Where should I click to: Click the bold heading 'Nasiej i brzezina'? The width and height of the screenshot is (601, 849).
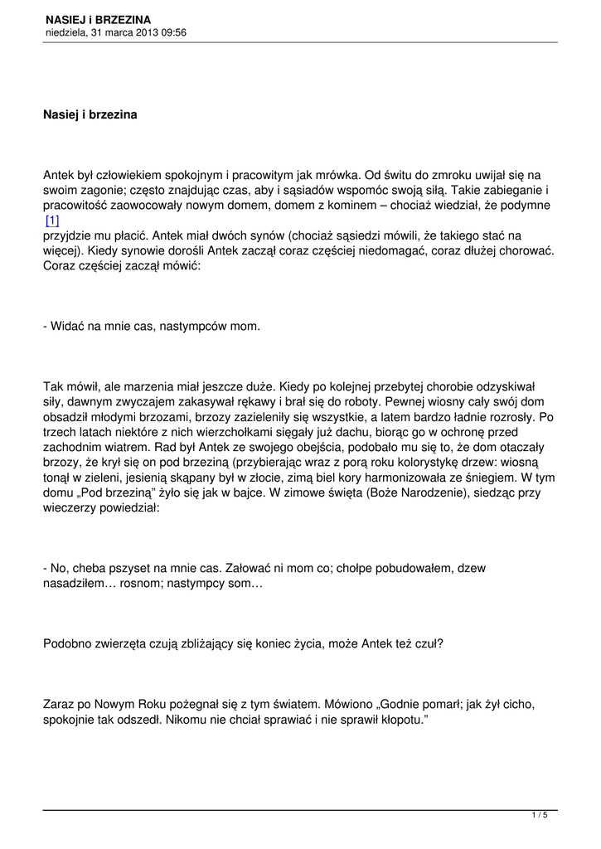pyautogui.click(x=90, y=114)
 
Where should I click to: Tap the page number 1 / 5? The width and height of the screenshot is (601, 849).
pyautogui.click(x=540, y=816)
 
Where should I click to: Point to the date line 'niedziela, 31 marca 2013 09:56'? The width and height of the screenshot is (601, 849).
pyautogui.click(x=115, y=32)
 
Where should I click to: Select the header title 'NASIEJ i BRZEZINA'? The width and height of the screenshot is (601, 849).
pyautogui.click(x=99, y=19)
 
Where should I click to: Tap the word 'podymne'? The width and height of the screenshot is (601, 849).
pyautogui.click(x=526, y=205)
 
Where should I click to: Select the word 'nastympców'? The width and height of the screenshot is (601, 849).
pyautogui.click(x=189, y=327)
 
